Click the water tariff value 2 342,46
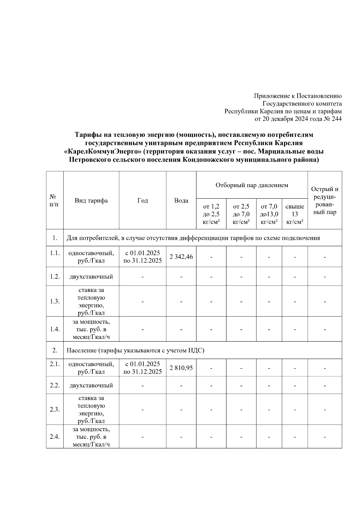181,257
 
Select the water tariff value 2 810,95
181,368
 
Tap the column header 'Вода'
181,200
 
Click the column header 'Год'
142,200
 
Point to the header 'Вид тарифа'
91,200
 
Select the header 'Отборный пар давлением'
252,185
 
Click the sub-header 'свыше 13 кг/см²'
295,214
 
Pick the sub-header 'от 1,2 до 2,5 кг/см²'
211,214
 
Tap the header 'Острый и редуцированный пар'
325,200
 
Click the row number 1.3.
55,301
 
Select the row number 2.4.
55,437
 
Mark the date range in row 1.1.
142,257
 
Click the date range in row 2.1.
142,368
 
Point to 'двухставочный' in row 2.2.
91,385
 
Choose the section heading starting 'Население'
135,350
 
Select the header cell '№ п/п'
55,200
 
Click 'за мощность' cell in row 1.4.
91,329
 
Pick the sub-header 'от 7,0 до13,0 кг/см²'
269,214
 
